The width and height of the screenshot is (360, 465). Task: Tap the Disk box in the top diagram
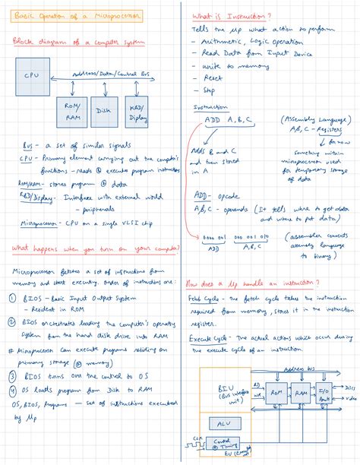[105, 112]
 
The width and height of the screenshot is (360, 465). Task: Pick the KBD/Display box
[139, 113]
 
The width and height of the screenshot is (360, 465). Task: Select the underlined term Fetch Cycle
[207, 299]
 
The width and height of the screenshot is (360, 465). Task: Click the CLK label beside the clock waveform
[197, 438]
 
